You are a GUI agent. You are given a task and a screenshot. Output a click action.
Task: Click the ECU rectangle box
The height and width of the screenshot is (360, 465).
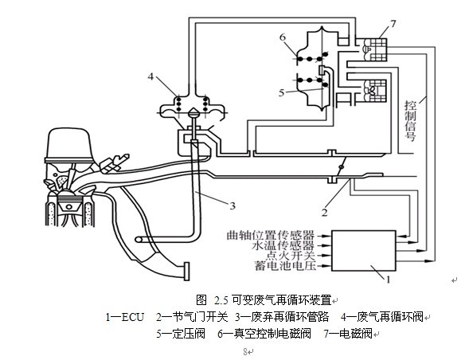tap(364, 251)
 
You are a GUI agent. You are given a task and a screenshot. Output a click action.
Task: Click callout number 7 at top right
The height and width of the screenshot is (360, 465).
tap(393, 23)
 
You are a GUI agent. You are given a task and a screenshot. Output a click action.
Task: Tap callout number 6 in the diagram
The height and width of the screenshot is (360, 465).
tap(283, 37)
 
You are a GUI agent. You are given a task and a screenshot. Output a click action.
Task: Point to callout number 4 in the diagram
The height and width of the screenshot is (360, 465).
tap(151, 76)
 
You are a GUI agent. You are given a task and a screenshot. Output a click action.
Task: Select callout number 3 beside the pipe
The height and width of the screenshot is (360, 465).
tap(232, 205)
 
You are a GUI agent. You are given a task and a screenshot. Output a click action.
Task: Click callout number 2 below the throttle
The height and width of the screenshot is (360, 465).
tap(325, 213)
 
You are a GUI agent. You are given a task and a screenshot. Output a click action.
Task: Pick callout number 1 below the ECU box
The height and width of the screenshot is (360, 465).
tap(388, 280)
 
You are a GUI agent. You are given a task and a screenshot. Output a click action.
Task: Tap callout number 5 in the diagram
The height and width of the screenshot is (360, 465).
tap(282, 93)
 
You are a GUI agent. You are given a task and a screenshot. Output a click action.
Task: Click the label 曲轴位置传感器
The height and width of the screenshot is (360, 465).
tap(271, 236)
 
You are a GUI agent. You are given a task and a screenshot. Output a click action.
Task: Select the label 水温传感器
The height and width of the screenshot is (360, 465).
tap(283, 245)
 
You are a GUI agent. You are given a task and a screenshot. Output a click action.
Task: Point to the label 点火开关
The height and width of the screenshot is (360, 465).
tap(290, 256)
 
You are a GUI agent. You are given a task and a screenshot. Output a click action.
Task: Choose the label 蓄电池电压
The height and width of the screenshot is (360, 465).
tap(285, 266)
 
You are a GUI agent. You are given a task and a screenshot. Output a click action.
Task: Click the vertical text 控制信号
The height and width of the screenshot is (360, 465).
tap(411, 121)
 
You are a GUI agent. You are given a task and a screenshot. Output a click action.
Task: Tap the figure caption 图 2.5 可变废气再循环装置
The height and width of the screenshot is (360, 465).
tap(264, 300)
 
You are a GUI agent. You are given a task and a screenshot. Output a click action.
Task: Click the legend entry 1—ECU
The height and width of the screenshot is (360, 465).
tap(125, 317)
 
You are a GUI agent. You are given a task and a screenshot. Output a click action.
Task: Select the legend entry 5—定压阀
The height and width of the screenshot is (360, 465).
tap(181, 334)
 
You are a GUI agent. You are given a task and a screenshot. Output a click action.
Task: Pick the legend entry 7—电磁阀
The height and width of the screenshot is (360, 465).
tap(348, 334)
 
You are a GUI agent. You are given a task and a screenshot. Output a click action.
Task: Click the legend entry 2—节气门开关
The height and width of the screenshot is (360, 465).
tap(192, 317)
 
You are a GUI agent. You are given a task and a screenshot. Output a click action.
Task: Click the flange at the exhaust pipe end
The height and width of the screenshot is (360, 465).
tap(186, 272)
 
